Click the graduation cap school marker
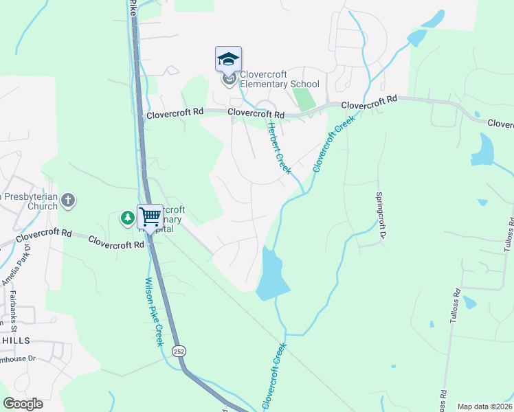point(228,59)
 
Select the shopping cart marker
point(150,217)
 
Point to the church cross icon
point(67,201)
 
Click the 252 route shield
point(178,350)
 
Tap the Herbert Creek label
point(280,148)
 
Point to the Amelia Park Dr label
point(15,268)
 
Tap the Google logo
point(23,404)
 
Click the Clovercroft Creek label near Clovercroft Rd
point(333,144)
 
